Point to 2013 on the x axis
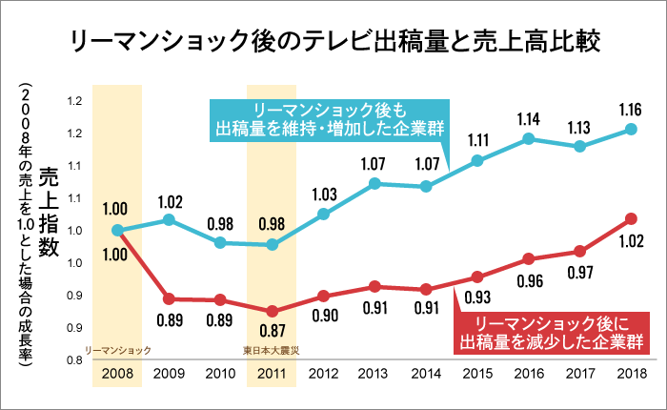click(375, 374)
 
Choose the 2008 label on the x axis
click(117, 374)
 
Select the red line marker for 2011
click(273, 311)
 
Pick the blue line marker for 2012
click(324, 214)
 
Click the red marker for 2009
click(169, 298)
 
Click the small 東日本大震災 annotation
click(273, 350)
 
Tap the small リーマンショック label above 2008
click(117, 350)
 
